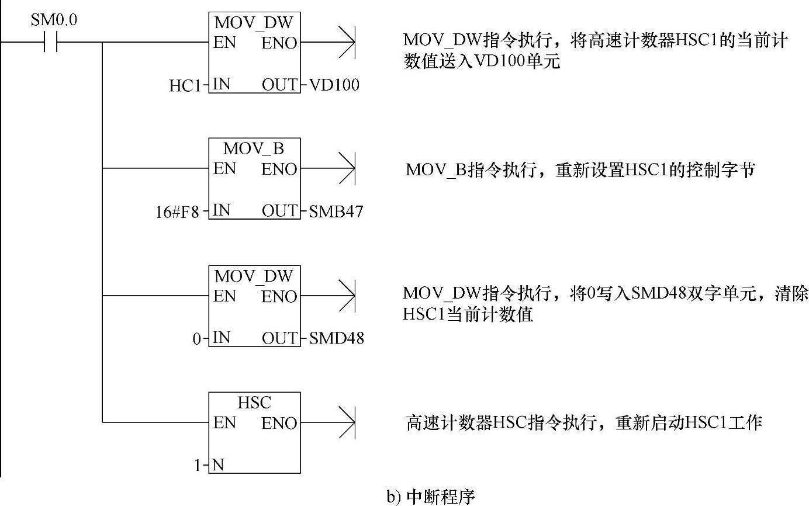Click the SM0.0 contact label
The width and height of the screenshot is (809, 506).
click(53, 20)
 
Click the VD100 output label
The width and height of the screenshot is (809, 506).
click(334, 85)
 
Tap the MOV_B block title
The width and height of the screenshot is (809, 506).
click(254, 148)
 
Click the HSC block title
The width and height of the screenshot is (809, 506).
click(254, 403)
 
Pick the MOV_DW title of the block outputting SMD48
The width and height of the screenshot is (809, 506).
click(254, 275)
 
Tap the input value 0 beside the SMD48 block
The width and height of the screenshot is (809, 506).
click(197, 338)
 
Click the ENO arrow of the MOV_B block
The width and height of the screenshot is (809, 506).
click(348, 169)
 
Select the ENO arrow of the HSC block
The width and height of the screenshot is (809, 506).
click(348, 422)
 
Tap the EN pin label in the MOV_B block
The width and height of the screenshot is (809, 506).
click(224, 169)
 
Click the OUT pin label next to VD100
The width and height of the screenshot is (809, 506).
click(279, 85)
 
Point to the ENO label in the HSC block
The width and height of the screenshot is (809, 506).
click(279, 423)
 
